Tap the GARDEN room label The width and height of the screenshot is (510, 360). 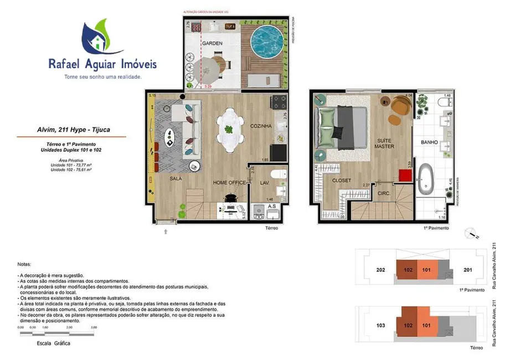click(x=212, y=43)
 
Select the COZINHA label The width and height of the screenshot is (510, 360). click(x=260, y=126)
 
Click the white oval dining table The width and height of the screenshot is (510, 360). click(x=228, y=128)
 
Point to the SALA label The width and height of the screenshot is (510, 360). click(x=176, y=178)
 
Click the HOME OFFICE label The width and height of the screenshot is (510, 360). click(x=229, y=182)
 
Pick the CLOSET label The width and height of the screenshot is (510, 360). click(x=342, y=181)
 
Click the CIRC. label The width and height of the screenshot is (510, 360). click(x=384, y=193)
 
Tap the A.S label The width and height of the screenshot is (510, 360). click(x=272, y=206)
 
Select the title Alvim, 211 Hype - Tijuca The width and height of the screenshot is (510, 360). click(x=70, y=130)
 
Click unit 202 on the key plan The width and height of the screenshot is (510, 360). click(x=380, y=270)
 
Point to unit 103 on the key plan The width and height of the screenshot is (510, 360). click(x=380, y=326)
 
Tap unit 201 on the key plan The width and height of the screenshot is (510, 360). click(x=467, y=270)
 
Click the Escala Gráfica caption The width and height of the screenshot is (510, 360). click(x=53, y=343)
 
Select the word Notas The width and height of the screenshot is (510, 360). click(x=24, y=265)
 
